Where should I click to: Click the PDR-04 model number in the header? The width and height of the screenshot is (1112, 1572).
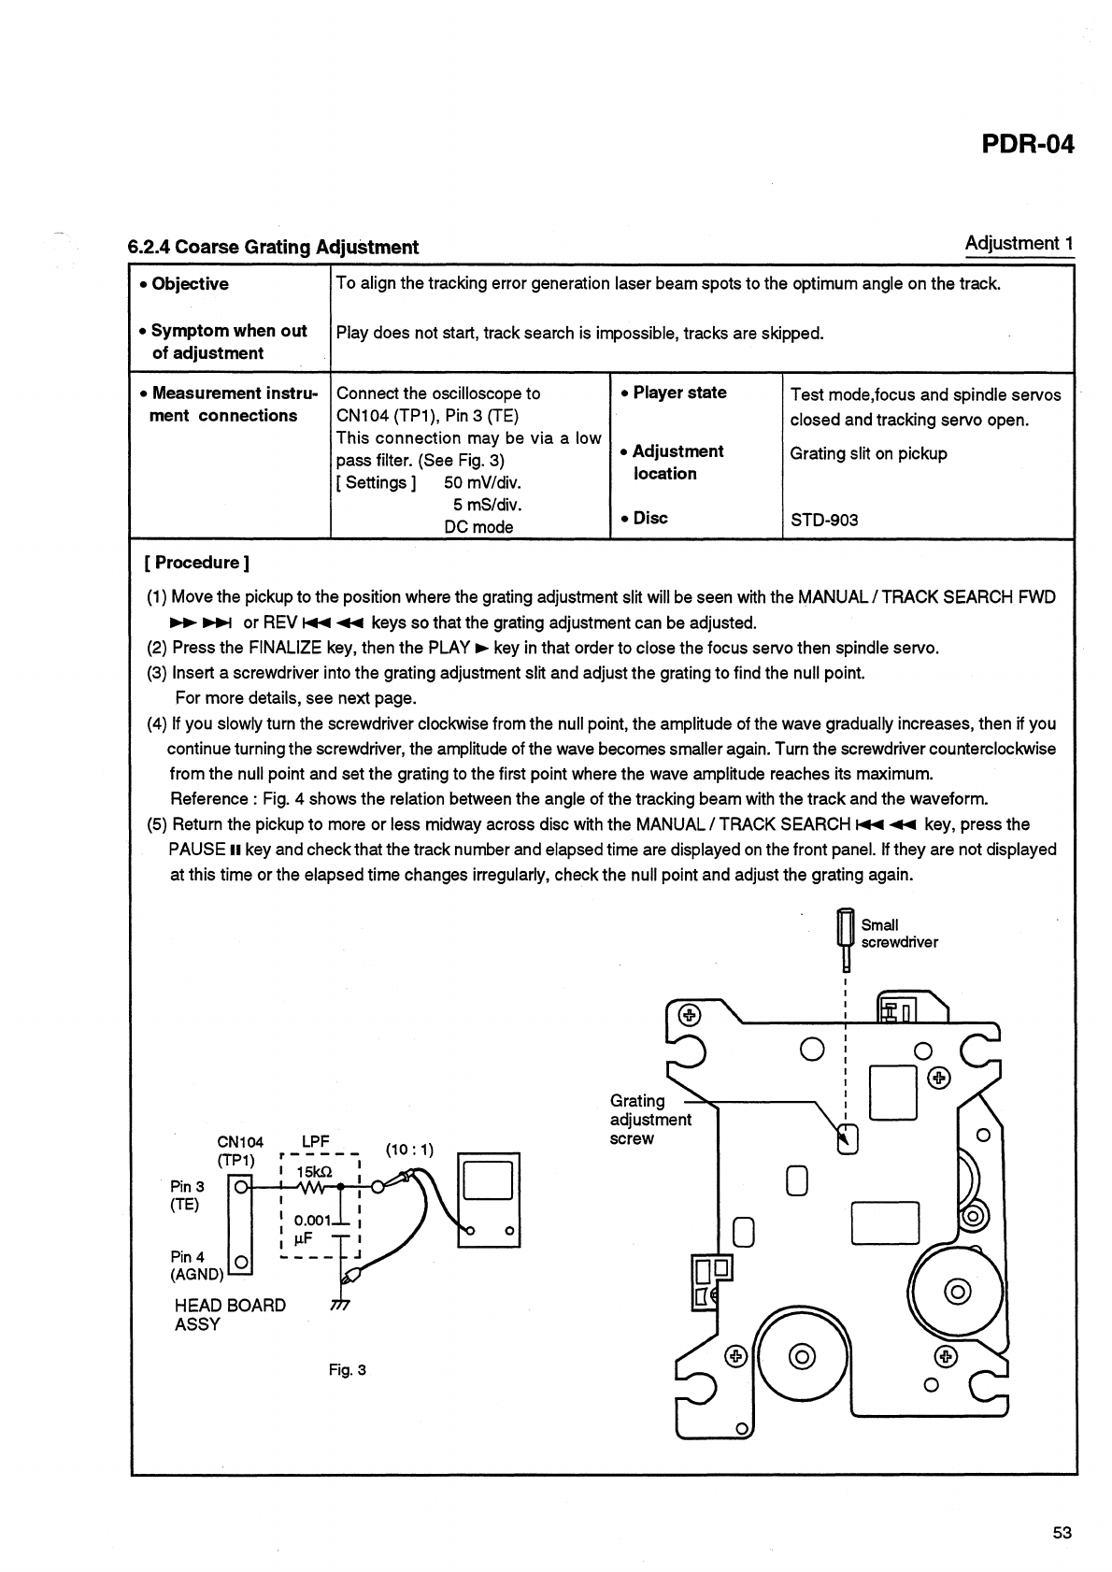point(1027,145)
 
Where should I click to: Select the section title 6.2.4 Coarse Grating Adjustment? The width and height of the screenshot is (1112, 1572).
point(273,248)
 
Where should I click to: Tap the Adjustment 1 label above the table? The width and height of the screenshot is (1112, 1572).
point(1019,244)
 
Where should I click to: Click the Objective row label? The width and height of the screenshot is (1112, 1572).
point(189,284)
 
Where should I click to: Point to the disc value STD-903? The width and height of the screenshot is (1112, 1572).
point(823,521)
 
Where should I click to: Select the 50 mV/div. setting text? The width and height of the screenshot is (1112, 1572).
point(482,483)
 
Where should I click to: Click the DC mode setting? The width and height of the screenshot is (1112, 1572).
point(478,527)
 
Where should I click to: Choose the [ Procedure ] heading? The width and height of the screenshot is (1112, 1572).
point(196,563)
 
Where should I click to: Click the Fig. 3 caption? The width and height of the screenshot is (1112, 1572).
point(348,1370)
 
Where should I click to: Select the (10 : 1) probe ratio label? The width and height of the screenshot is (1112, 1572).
point(409,1150)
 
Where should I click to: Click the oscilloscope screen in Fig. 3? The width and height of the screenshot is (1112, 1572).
point(488,1180)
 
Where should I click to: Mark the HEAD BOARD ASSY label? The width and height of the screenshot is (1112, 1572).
point(230,1315)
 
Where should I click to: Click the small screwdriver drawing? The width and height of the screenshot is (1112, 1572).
point(845,938)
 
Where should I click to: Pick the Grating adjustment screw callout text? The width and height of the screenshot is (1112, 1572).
point(649,1120)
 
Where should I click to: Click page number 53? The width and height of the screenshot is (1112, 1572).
point(1062,1533)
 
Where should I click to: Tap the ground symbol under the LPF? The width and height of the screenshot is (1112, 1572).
point(340,1306)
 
